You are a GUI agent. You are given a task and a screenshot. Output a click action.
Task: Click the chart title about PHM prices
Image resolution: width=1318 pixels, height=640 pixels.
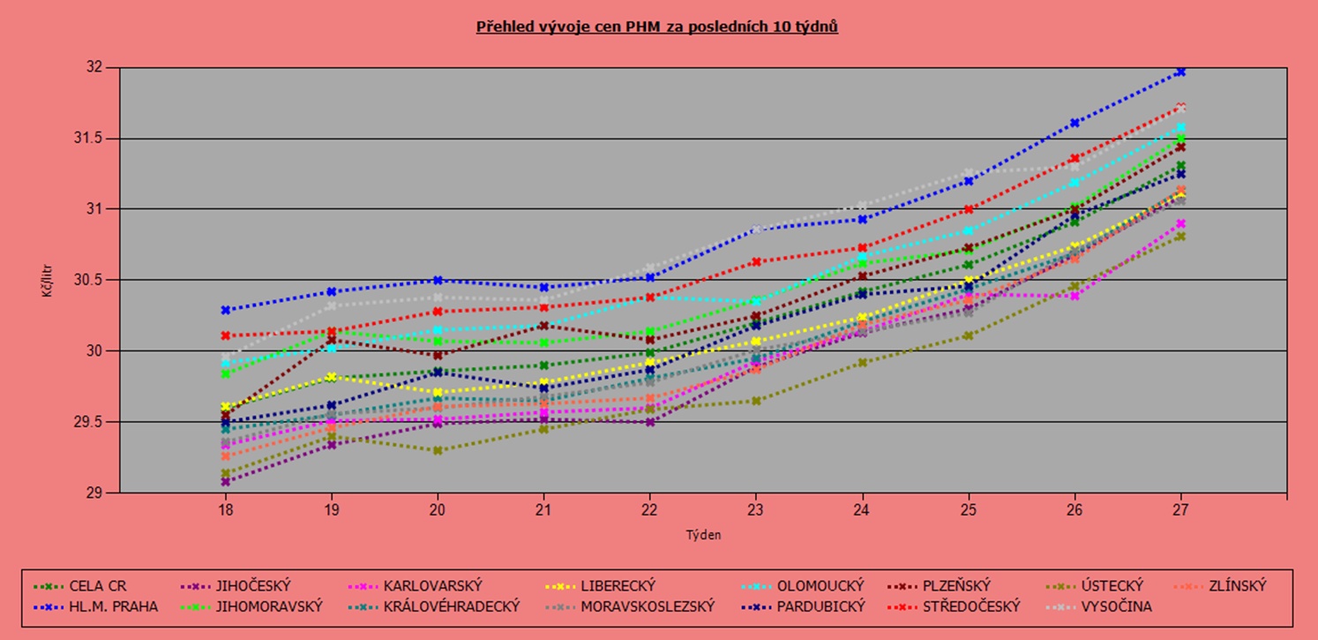(x=657, y=26)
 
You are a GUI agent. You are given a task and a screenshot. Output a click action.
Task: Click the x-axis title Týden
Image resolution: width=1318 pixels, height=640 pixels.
(x=703, y=534)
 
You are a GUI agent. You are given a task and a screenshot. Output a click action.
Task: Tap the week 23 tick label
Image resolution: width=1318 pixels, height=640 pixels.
(x=756, y=510)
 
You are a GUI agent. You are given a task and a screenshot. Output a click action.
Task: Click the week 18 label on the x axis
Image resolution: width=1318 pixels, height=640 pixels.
(x=225, y=510)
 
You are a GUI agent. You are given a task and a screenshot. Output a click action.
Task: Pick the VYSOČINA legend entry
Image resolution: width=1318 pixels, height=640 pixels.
(x=1113, y=606)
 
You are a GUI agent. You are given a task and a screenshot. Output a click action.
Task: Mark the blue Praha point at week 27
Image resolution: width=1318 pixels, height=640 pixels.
(x=1180, y=72)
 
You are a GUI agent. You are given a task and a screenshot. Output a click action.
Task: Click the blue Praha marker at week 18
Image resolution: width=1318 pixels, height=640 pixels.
(x=226, y=310)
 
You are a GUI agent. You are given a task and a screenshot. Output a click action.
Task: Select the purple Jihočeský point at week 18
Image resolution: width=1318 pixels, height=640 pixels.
(x=226, y=482)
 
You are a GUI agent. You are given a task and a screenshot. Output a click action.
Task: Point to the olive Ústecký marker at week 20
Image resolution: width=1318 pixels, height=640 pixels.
(x=438, y=450)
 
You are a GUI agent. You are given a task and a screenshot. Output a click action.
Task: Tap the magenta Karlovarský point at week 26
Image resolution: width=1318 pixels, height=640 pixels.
(x=1075, y=296)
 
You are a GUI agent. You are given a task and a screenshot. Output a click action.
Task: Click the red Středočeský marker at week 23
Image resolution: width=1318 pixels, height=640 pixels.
(x=756, y=261)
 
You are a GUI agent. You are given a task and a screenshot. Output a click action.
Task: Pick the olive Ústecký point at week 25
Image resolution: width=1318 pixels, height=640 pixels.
(x=969, y=335)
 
